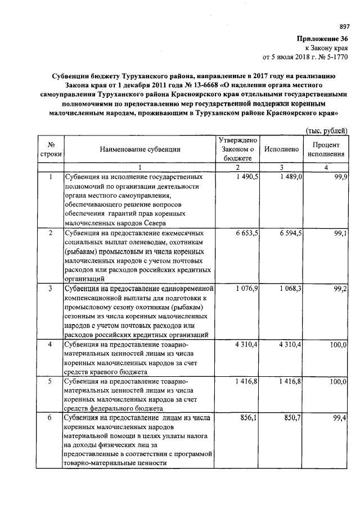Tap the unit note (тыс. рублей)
click(x=326, y=130)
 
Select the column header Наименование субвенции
click(x=140, y=149)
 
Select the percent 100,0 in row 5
click(x=337, y=381)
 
